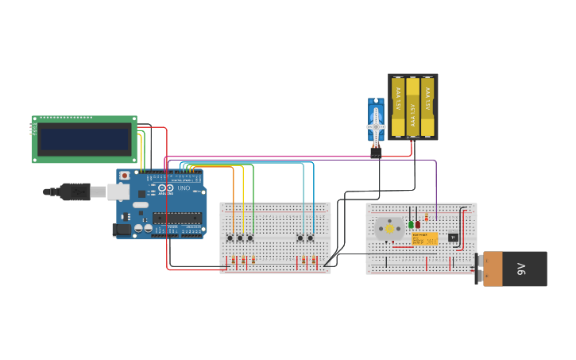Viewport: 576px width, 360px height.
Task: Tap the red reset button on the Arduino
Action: coord(124,176)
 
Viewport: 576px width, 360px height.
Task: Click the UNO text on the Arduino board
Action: coord(184,188)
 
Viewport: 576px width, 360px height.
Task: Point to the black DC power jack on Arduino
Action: coord(122,230)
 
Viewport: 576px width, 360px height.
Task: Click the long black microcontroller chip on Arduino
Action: coord(176,219)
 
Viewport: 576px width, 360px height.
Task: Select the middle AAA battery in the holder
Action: coord(412,106)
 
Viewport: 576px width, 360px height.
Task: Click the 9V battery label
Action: coord(521,269)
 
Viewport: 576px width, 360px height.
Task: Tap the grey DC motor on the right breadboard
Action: coord(389,228)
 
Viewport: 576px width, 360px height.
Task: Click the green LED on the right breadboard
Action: coord(411,224)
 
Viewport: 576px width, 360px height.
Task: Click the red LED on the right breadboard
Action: coord(418,224)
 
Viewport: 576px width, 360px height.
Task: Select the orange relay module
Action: coord(424,238)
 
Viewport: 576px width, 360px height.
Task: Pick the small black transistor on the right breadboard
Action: coord(453,237)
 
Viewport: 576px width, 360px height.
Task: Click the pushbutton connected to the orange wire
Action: coord(230,238)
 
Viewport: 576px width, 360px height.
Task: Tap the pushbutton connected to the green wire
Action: coord(250,238)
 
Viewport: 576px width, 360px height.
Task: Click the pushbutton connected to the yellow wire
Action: coord(240,238)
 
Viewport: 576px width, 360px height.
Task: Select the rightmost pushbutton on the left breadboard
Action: coord(311,238)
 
